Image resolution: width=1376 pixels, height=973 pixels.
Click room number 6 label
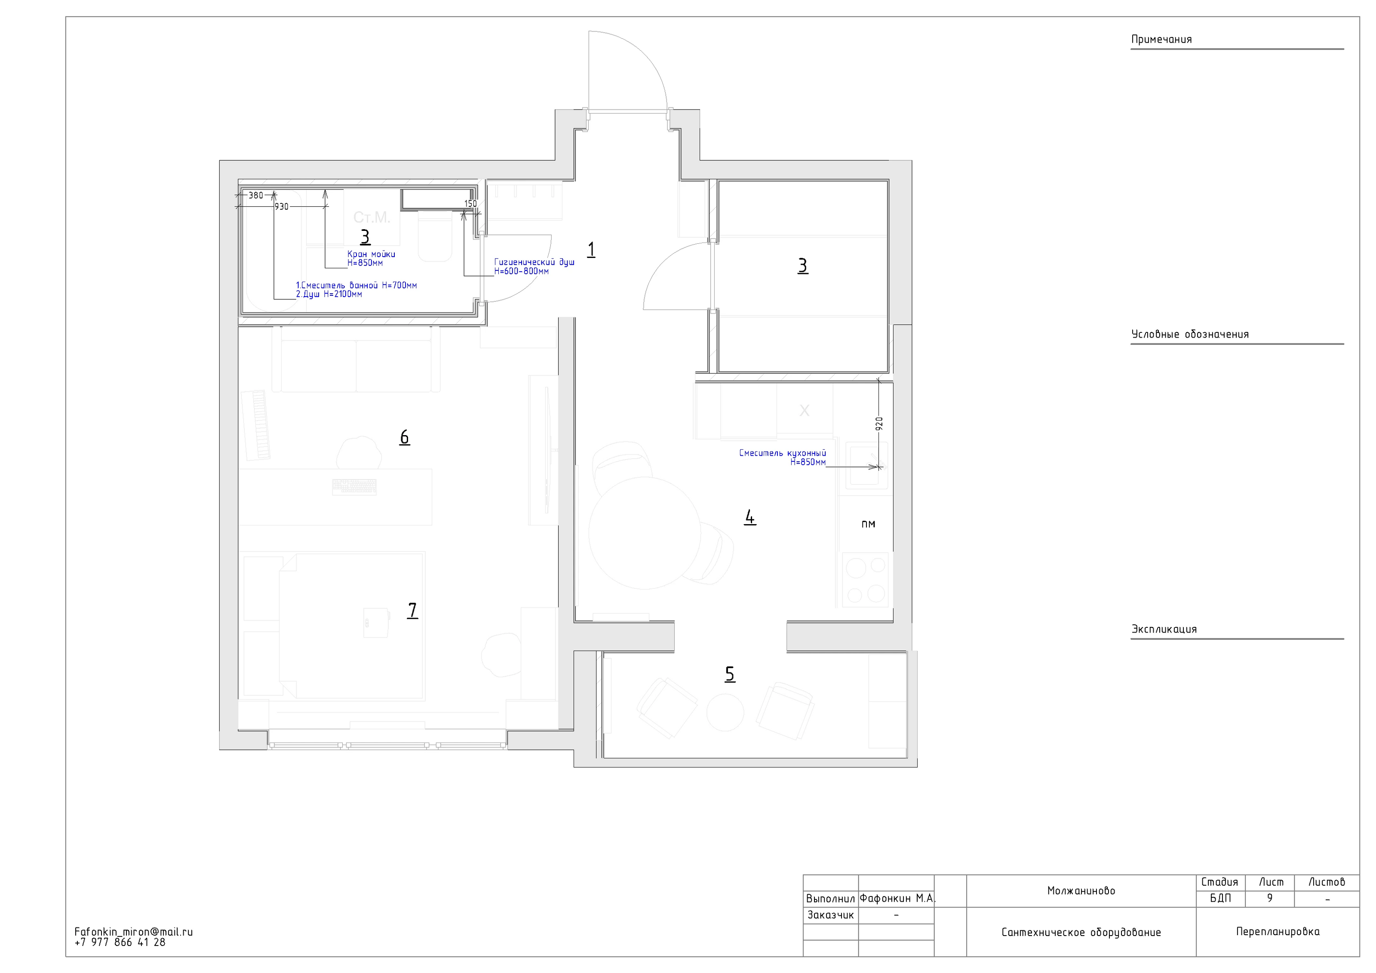coord(405,437)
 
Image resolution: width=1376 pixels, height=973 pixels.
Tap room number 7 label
coord(412,610)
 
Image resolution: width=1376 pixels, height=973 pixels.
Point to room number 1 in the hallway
coord(591,249)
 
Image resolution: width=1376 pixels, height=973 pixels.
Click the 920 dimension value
coord(879,424)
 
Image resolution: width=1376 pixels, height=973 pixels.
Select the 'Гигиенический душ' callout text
coord(534,262)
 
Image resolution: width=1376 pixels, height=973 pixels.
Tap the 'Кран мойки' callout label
coord(371,254)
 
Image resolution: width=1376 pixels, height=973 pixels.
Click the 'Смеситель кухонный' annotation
coord(782,453)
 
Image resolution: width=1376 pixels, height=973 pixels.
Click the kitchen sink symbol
coord(866,466)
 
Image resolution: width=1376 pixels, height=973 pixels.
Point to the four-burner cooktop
coord(866,579)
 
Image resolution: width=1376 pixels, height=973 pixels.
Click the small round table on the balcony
coord(725,712)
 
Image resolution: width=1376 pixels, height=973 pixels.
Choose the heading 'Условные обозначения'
coord(1190,335)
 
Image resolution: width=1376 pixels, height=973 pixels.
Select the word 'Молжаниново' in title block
coord(1081,890)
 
